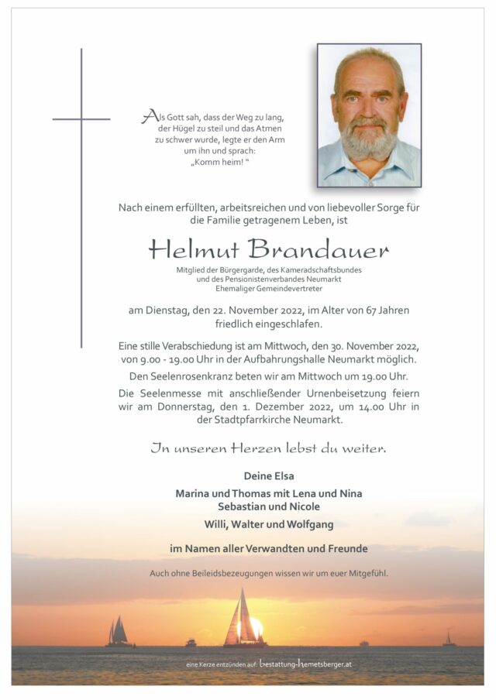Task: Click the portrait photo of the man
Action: (369, 115)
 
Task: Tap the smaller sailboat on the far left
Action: (119, 632)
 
